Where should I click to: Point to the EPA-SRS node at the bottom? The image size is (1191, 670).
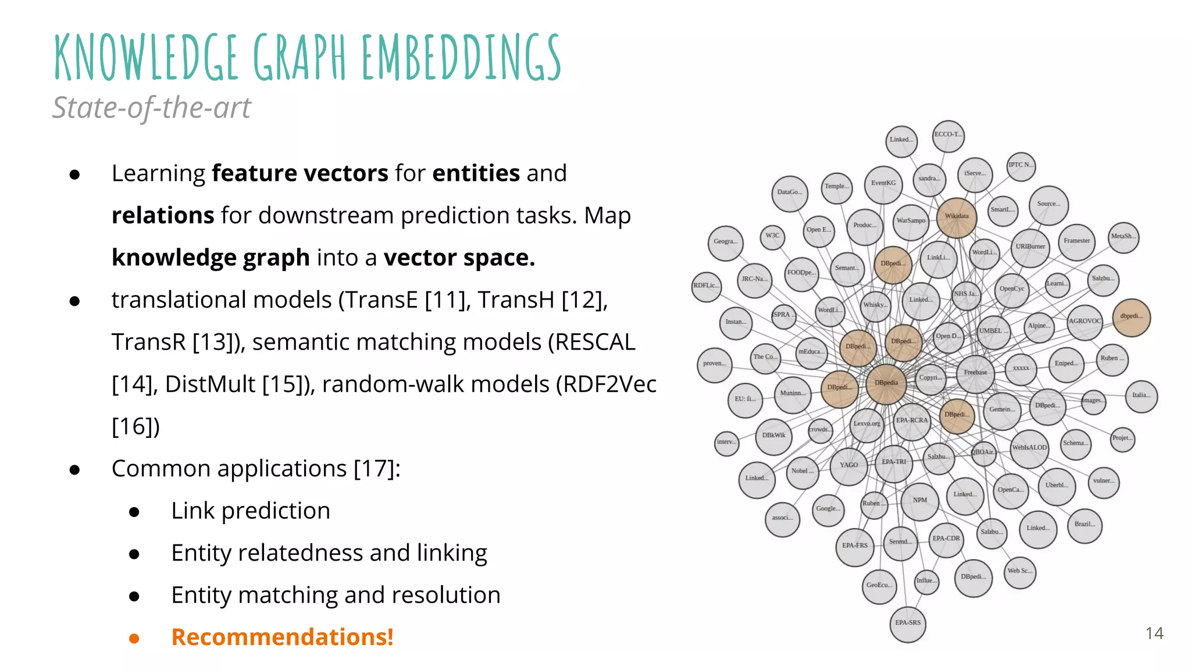click(908, 623)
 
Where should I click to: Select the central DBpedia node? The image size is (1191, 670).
click(886, 383)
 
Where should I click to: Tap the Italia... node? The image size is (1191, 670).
click(1141, 396)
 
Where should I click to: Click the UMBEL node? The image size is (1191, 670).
click(993, 332)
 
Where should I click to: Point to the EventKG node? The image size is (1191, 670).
click(883, 184)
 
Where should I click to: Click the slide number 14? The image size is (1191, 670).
click(1154, 633)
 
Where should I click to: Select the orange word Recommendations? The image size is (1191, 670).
click(282, 637)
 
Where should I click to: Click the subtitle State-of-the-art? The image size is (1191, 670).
click(151, 108)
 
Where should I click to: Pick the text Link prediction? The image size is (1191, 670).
click(251, 511)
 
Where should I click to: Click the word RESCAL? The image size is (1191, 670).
click(594, 342)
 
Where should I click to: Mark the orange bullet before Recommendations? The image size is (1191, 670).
click(134, 638)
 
